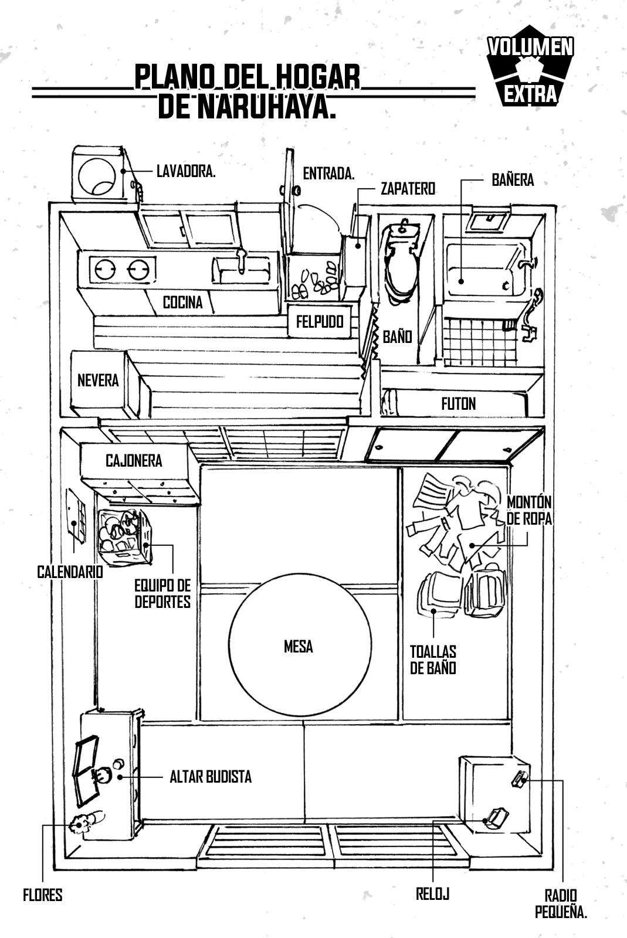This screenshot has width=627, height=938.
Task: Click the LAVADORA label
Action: click(x=186, y=171)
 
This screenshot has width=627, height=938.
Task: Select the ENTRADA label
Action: click(x=328, y=173)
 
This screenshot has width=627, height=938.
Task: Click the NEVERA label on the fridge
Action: click(x=98, y=380)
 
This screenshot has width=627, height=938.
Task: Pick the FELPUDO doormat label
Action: click(x=320, y=321)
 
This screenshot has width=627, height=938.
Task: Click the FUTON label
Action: click(x=458, y=403)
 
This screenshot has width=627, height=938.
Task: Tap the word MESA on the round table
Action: click(x=298, y=646)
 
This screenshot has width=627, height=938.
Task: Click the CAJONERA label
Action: click(x=134, y=461)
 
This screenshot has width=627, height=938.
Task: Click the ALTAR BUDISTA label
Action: click(x=211, y=777)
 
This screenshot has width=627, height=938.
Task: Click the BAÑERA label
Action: click(x=513, y=179)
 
